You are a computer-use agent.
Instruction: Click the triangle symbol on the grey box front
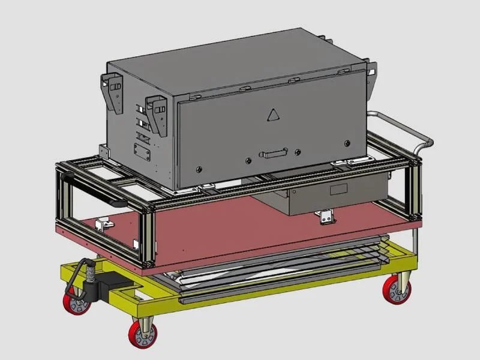coord(273,115)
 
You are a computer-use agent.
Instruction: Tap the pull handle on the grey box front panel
coord(274,154)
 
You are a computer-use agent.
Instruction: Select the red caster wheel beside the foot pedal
coord(77,300)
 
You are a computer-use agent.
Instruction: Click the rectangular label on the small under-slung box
coord(338,190)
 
